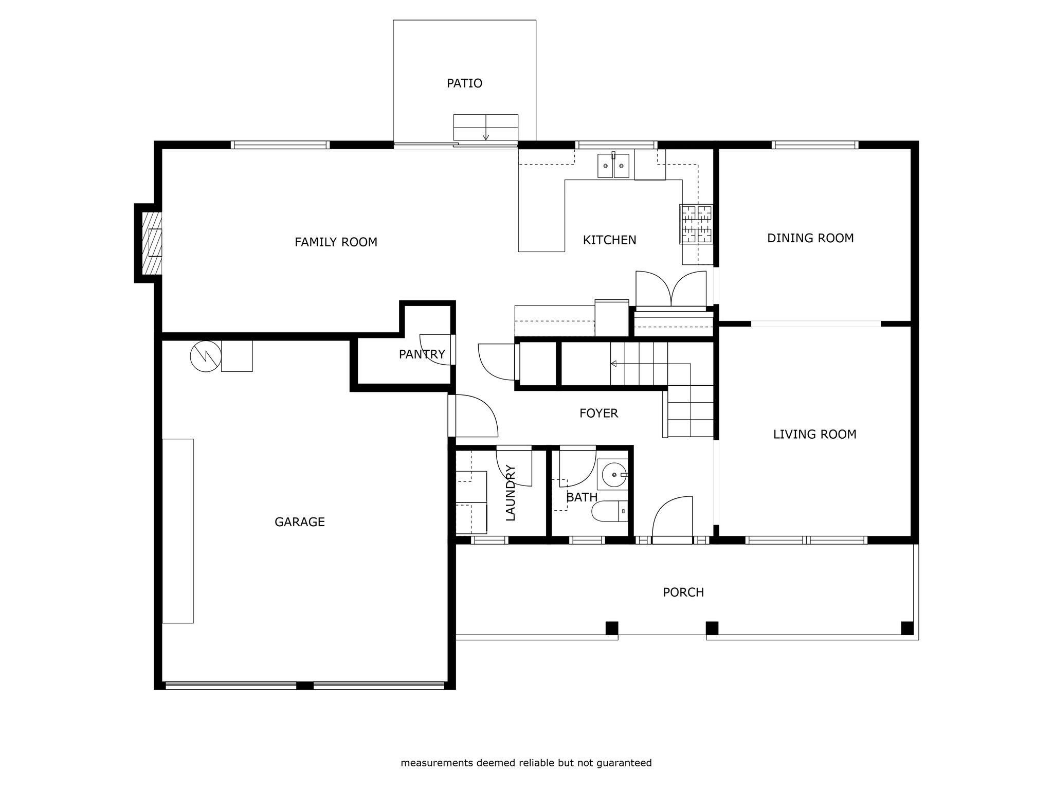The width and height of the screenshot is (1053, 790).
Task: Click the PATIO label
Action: tap(464, 83)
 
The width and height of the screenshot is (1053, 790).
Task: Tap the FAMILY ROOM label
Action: tap(336, 242)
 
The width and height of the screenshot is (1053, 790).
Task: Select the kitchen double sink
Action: tap(613, 166)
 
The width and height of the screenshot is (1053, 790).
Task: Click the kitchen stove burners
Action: tap(697, 224)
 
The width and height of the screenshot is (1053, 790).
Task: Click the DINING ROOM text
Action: tap(810, 238)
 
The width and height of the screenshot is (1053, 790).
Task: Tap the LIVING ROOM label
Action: tap(815, 434)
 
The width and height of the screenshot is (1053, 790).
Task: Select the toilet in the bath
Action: tap(610, 511)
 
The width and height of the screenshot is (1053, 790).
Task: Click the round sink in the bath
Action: tap(613, 475)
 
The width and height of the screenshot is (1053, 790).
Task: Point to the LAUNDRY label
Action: tap(511, 493)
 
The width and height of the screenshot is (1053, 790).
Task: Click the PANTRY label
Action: tap(422, 354)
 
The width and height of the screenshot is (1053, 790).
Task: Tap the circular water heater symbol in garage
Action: tap(206, 356)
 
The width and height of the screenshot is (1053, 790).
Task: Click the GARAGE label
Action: tap(300, 522)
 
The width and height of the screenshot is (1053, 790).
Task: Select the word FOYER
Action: tap(598, 413)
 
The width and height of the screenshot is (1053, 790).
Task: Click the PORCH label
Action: tap(683, 592)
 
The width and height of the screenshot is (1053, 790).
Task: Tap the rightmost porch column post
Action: tap(907, 628)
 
